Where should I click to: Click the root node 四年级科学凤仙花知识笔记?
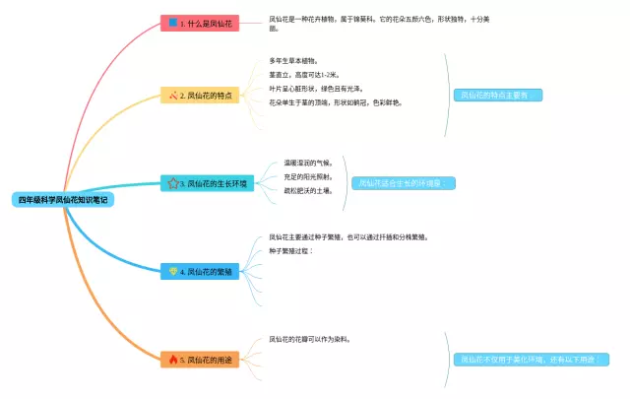click(x=64, y=200)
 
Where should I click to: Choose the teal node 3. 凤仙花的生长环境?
click(x=208, y=183)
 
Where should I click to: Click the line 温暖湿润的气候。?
click(x=308, y=163)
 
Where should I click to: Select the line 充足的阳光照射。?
click(x=308, y=176)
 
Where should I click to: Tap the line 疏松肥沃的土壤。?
click(x=308, y=190)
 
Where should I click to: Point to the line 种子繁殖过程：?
click(x=291, y=251)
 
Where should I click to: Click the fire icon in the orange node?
click(x=173, y=360)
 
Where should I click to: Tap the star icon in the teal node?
click(x=172, y=183)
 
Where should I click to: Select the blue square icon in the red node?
click(x=173, y=22)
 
